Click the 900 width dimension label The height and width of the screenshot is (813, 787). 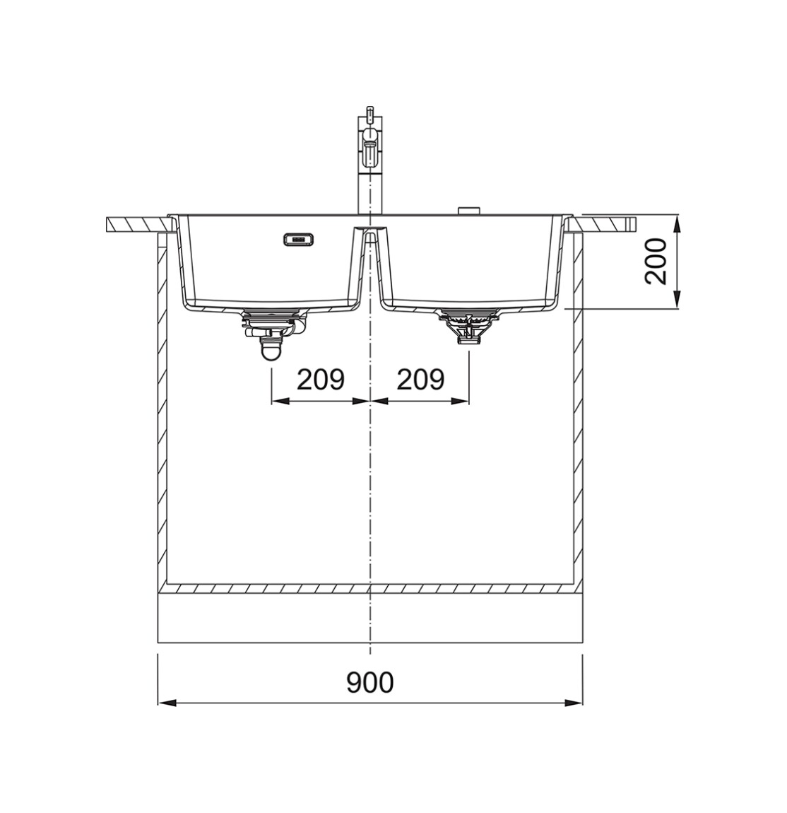pyautogui.click(x=370, y=682)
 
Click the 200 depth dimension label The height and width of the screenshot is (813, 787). pyautogui.click(x=656, y=262)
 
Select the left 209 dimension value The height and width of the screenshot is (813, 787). pyautogui.click(x=321, y=380)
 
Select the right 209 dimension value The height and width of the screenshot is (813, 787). pyautogui.click(x=420, y=380)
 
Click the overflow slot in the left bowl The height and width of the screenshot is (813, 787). pyautogui.click(x=298, y=239)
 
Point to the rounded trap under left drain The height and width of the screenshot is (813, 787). pyautogui.click(x=271, y=350)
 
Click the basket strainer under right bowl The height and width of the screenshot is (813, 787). pyautogui.click(x=468, y=325)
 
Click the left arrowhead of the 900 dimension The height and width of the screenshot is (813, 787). pyautogui.click(x=166, y=703)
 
